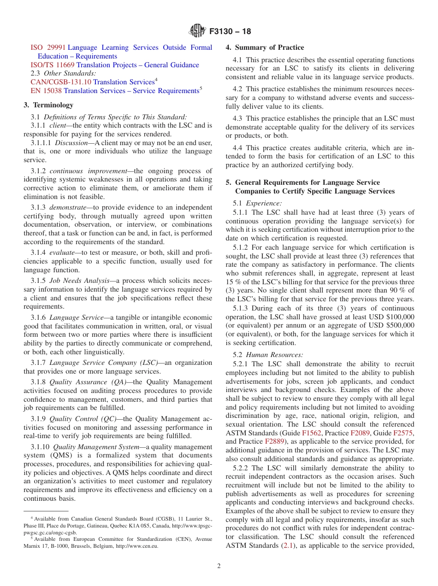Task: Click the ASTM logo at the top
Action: pyautogui.click(x=197, y=31)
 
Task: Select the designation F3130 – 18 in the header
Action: pyautogui.click(x=230, y=32)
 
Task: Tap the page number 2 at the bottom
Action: pyautogui.click(x=219, y=566)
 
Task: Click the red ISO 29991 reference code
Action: pyautogui.click(x=48, y=47)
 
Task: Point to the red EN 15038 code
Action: pyautogui.click(x=46, y=91)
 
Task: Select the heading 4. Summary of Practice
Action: pyautogui.click(x=265, y=47)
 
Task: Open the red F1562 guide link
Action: pyautogui.click(x=311, y=433)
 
